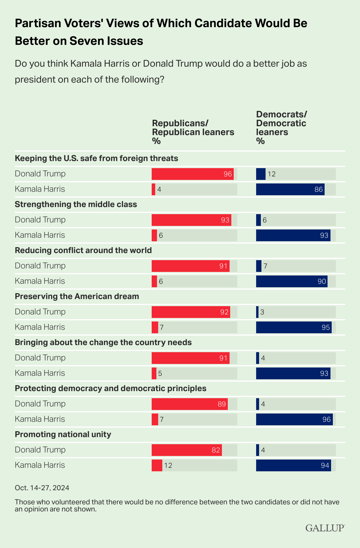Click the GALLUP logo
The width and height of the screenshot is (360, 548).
click(x=325, y=528)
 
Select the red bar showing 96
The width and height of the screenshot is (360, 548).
click(x=192, y=174)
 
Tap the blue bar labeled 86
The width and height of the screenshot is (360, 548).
click(x=290, y=189)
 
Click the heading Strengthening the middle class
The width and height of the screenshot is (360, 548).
click(x=76, y=204)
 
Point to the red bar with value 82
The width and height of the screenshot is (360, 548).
click(x=186, y=450)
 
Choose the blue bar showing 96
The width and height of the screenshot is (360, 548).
click(x=294, y=419)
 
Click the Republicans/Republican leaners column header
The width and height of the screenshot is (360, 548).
click(x=193, y=132)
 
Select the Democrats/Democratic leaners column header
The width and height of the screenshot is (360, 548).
click(x=281, y=127)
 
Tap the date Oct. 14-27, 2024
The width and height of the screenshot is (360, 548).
click(x=42, y=488)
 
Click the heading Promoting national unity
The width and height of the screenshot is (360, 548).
click(x=63, y=434)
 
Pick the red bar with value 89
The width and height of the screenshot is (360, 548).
click(x=189, y=404)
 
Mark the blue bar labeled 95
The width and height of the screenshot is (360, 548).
click(x=294, y=327)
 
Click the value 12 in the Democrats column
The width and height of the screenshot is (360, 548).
click(x=271, y=174)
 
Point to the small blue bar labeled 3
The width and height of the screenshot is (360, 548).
click(x=257, y=312)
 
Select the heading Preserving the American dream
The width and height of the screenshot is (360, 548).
click(x=77, y=296)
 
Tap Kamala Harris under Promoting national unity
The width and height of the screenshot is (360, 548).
click(x=40, y=465)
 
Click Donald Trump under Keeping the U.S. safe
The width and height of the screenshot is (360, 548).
click(x=40, y=174)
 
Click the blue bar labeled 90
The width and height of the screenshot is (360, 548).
click(x=292, y=281)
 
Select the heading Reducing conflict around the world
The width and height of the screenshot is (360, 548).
click(x=83, y=250)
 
